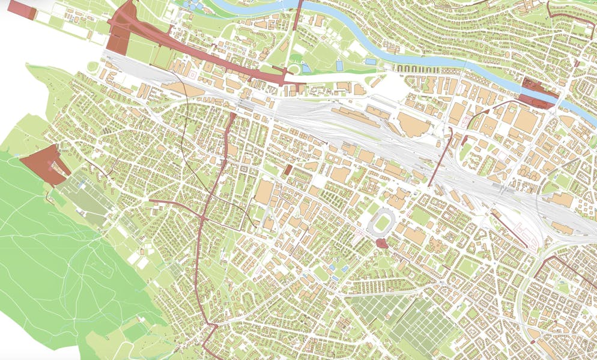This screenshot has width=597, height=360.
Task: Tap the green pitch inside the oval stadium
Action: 382,223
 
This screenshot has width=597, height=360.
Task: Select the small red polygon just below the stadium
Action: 381,243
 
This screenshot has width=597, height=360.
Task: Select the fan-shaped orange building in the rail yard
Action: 411,124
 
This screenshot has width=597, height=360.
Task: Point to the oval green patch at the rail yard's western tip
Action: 92,67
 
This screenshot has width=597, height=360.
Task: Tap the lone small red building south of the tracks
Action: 288,170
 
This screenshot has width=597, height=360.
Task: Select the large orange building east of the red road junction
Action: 264,192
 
